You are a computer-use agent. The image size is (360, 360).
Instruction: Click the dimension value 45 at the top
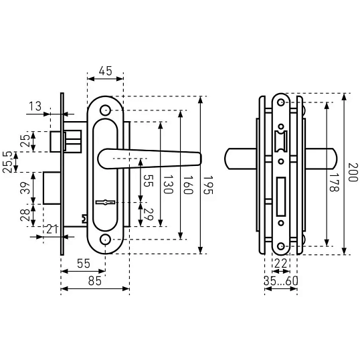(105, 71)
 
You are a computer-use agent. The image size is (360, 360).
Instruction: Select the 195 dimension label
(209, 185)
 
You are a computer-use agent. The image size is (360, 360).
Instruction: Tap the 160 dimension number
(188, 185)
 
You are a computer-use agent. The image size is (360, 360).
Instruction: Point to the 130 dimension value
(168, 185)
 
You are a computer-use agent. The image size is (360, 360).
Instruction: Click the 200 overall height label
(353, 173)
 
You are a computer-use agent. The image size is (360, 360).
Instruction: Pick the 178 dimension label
(334, 182)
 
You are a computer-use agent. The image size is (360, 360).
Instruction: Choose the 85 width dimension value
(95, 281)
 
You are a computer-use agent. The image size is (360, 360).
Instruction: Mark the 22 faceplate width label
(281, 264)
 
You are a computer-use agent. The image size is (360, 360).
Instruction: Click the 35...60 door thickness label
(281, 281)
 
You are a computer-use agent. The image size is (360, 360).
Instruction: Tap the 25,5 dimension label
(7, 162)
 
